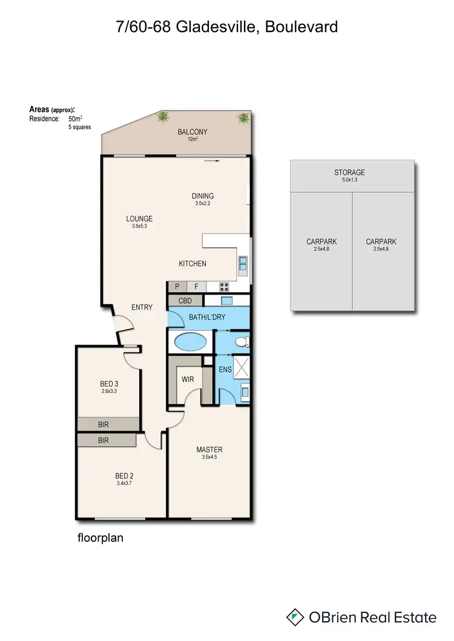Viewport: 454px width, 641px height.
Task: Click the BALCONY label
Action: tap(192, 132)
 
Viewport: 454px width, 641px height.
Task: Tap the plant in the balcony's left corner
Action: tap(163, 117)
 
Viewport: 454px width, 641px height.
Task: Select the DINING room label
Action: tap(203, 196)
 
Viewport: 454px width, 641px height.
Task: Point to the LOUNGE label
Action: tap(139, 219)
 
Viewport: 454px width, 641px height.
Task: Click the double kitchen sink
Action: tap(243, 263)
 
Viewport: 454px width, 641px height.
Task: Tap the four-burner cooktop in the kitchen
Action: tap(224, 287)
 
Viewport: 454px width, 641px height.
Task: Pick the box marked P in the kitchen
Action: tap(177, 287)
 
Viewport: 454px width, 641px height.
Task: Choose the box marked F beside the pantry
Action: tap(196, 287)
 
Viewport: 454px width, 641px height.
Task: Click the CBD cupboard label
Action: tap(185, 301)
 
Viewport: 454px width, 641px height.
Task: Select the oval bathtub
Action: tap(190, 342)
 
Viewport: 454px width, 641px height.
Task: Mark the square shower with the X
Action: tap(242, 367)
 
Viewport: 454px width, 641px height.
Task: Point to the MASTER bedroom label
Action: tap(209, 449)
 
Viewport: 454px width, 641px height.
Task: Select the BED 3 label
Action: tap(110, 383)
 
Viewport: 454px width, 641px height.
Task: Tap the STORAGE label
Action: tap(350, 172)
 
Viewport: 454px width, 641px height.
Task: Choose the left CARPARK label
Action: tap(321, 242)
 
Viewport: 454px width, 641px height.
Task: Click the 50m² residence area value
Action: tap(76, 119)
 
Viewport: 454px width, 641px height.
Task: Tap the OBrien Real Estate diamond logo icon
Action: tap(295, 617)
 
